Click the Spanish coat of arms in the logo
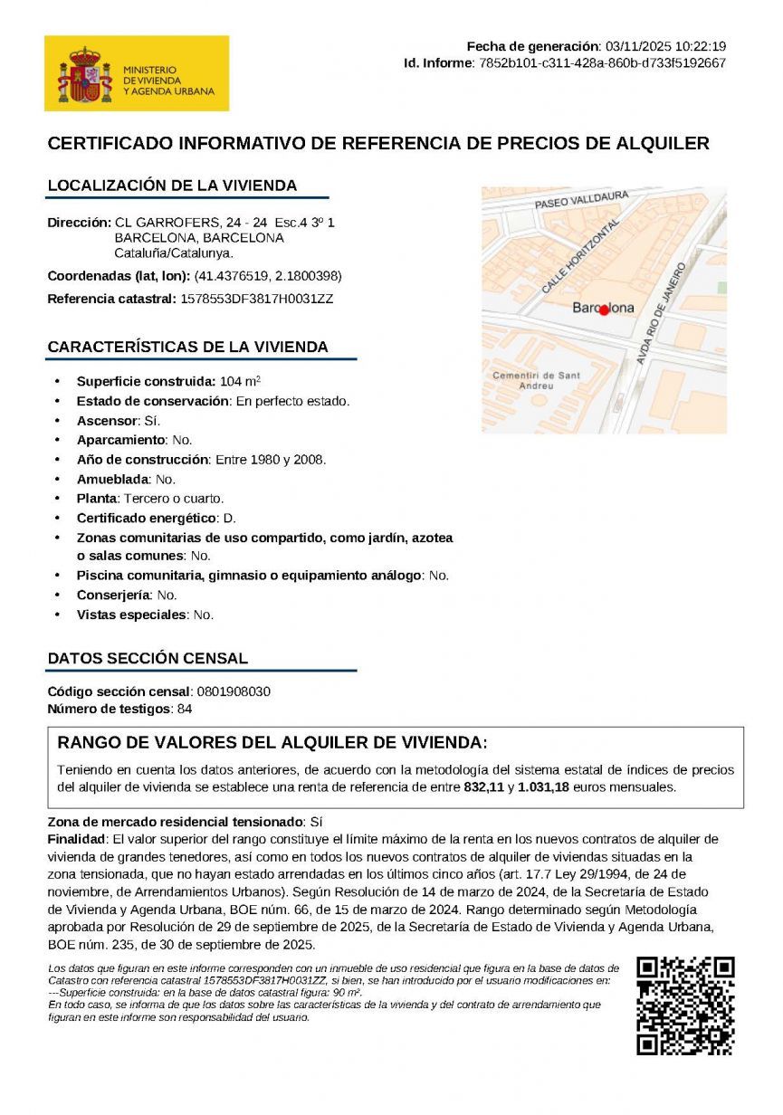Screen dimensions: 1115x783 tap(84, 74)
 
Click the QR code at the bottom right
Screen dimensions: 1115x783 tap(684, 1005)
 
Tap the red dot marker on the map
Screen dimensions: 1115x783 tap(605, 310)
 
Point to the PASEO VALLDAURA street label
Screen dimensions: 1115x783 tap(581, 200)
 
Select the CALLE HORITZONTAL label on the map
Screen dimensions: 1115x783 tap(580, 256)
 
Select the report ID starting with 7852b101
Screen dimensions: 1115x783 tap(602, 62)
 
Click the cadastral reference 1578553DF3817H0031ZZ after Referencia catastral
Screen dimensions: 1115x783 tap(256, 299)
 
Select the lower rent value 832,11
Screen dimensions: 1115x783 tap(483, 787)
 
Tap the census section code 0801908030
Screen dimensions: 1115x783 tap(233, 692)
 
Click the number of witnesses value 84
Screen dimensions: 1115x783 tap(185, 709)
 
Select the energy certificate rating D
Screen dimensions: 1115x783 tap(229, 518)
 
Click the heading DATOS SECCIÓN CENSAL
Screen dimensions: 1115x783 tap(147, 658)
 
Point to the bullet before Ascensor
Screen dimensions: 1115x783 tap(58, 421)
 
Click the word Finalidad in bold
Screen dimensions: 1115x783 tap(76, 839)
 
